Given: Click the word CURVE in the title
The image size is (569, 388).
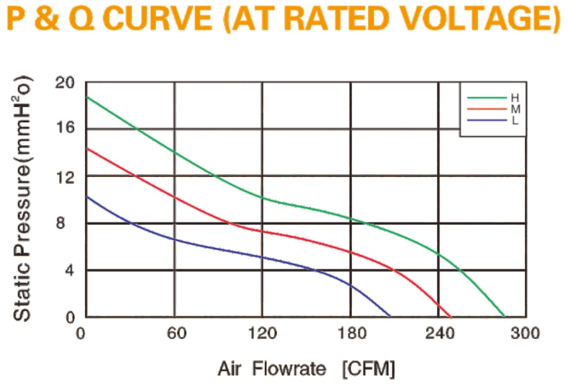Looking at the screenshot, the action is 158,18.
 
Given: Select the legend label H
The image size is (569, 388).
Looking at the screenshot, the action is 515,98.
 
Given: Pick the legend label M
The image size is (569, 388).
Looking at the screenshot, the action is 515,109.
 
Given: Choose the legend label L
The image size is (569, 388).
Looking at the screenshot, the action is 514,120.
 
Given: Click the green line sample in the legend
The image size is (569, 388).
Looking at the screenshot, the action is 487,98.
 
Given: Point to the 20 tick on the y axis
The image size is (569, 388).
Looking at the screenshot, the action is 65,83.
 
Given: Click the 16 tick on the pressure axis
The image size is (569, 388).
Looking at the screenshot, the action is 65,127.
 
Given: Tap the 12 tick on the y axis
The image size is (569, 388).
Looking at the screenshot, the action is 65,177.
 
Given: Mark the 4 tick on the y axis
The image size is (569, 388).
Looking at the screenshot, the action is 69,270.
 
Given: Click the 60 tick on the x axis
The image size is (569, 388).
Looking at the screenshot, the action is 177,333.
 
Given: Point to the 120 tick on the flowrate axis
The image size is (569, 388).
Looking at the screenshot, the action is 262,333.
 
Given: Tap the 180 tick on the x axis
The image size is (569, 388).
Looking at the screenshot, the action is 352,333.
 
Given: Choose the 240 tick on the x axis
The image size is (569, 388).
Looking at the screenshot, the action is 440,333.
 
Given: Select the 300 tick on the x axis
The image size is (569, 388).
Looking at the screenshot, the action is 525,333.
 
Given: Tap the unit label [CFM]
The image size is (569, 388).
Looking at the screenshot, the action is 369,369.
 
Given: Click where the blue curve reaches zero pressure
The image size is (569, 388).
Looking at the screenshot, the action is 390,316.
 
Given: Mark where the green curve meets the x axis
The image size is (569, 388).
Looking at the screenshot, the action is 504,316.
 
